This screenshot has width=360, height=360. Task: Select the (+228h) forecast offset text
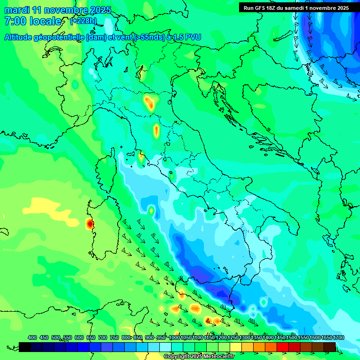pos(84,21)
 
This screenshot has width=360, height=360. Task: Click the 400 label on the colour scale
pos(32,337)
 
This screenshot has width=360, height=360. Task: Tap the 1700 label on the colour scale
pos(338,337)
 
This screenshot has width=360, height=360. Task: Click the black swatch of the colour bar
pos(25,347)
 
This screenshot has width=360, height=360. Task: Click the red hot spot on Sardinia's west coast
pos(89,224)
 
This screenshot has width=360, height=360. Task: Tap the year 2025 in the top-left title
pos(100,10)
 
